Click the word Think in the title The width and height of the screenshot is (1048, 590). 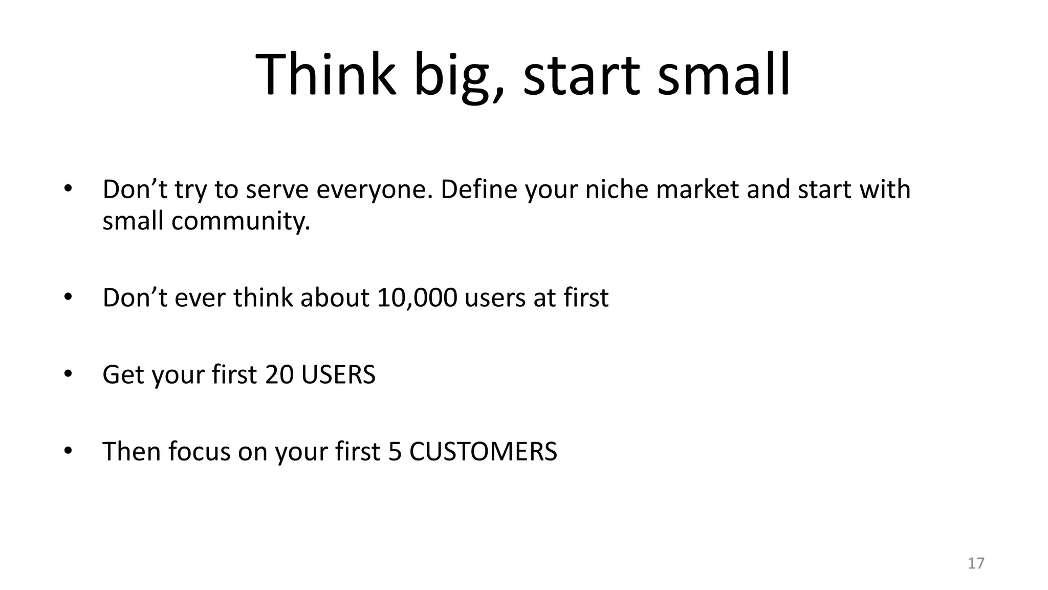[326, 75]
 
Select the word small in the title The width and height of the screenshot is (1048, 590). [724, 75]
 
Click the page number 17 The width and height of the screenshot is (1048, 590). [976, 563]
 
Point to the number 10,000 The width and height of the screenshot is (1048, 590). [417, 298]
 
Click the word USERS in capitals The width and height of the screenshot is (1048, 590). [338, 374]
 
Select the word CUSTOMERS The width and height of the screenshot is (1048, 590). [483, 452]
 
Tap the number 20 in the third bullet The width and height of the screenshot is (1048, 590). [279, 374]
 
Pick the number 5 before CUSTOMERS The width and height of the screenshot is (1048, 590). [395, 452]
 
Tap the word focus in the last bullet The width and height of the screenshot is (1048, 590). [199, 452]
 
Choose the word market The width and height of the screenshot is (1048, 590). [697, 189]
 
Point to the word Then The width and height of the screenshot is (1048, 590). [132, 452]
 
